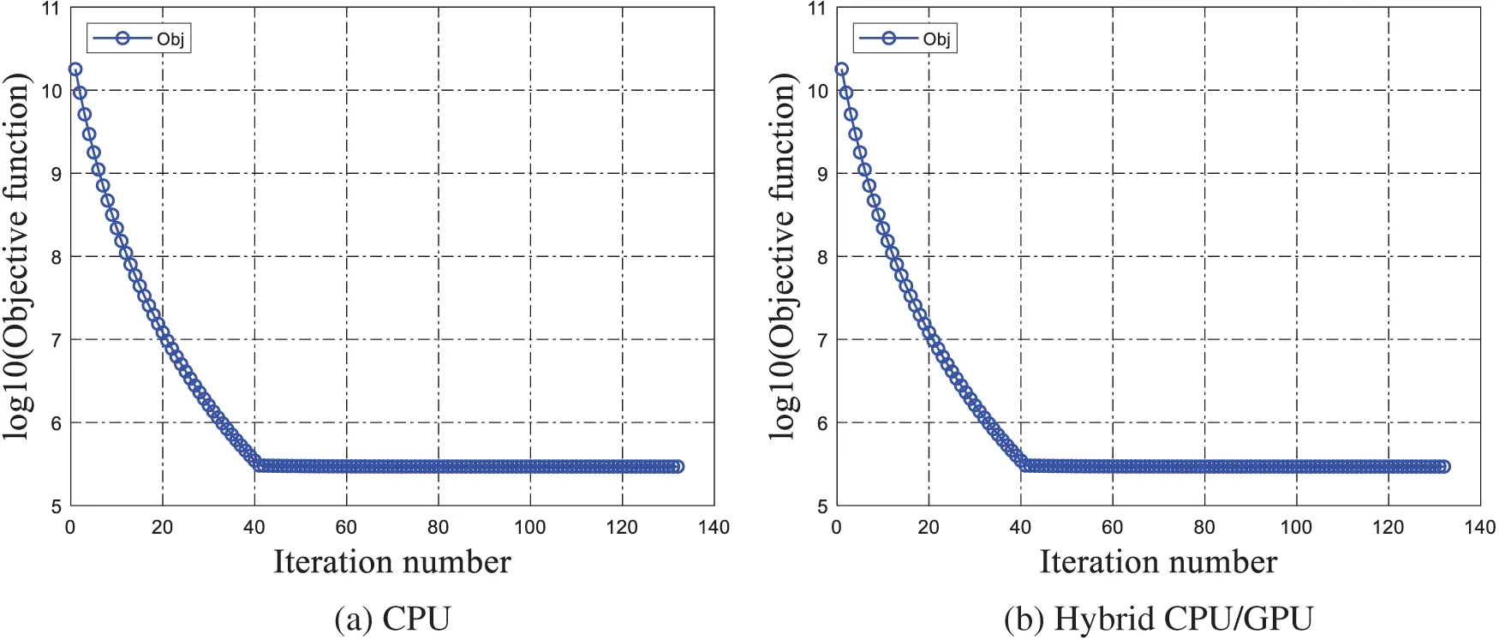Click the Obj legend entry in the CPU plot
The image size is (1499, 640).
click(x=139, y=39)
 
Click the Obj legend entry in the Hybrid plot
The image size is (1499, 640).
click(x=905, y=39)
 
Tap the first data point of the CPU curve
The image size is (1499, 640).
click(x=75, y=69)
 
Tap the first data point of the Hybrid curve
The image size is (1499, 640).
click(x=841, y=69)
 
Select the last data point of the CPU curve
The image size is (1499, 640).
click(x=678, y=467)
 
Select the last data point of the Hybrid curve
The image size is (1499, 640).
click(x=1443, y=467)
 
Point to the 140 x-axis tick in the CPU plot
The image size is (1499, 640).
click(x=714, y=528)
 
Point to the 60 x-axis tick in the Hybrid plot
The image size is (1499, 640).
click(x=1112, y=528)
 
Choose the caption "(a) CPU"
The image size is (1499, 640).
click(x=392, y=619)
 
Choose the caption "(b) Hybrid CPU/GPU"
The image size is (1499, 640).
click(x=1158, y=619)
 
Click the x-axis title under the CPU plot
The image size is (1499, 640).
click(x=392, y=563)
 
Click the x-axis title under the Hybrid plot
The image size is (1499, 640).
click(x=1158, y=563)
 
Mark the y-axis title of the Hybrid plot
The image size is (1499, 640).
click(x=783, y=257)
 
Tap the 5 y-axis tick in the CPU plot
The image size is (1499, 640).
click(x=57, y=506)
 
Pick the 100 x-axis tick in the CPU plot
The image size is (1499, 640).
click(x=530, y=528)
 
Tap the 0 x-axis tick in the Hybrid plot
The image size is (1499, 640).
click(x=837, y=528)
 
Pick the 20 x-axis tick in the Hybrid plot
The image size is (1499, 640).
click(x=929, y=528)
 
